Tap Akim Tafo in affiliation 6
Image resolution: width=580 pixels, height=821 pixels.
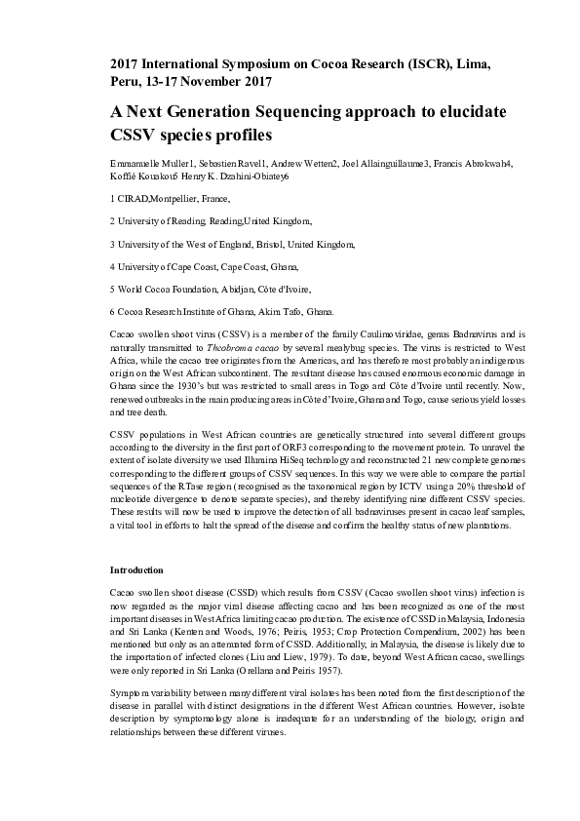(x=277, y=312)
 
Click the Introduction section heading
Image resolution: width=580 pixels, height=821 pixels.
(x=136, y=569)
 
